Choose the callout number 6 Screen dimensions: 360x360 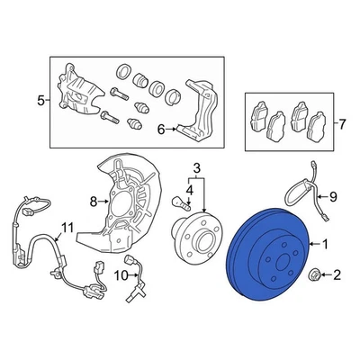[x=160, y=130]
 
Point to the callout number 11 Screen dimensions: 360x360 [x=66, y=225]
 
